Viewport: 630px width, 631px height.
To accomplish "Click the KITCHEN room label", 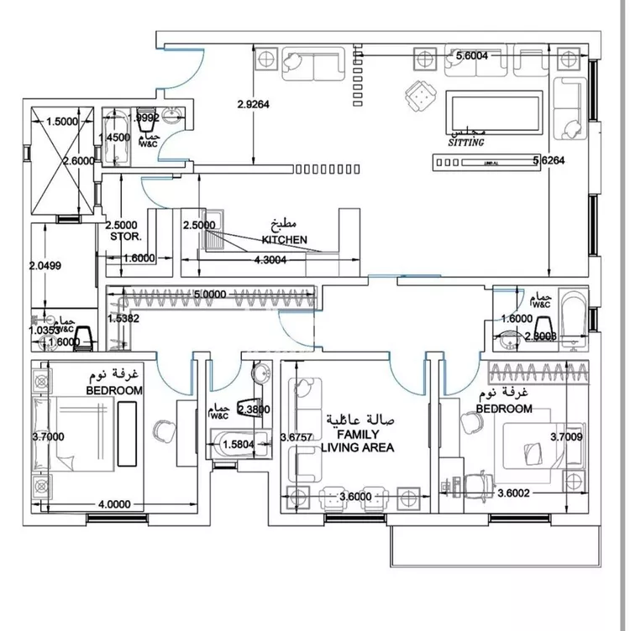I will [x=284, y=239].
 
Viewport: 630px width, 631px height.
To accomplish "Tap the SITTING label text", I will [x=466, y=143].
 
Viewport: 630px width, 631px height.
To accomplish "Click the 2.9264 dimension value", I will [x=253, y=105].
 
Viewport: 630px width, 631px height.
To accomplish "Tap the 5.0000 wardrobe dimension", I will [x=210, y=295].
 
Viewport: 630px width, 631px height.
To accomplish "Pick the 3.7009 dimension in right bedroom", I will [x=568, y=436].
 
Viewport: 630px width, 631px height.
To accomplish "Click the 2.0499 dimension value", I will [x=45, y=265].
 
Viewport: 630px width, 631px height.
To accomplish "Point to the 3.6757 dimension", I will [x=297, y=437].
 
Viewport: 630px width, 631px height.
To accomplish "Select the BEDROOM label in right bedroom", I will [x=503, y=409].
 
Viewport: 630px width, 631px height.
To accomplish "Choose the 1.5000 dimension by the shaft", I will [x=61, y=122].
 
